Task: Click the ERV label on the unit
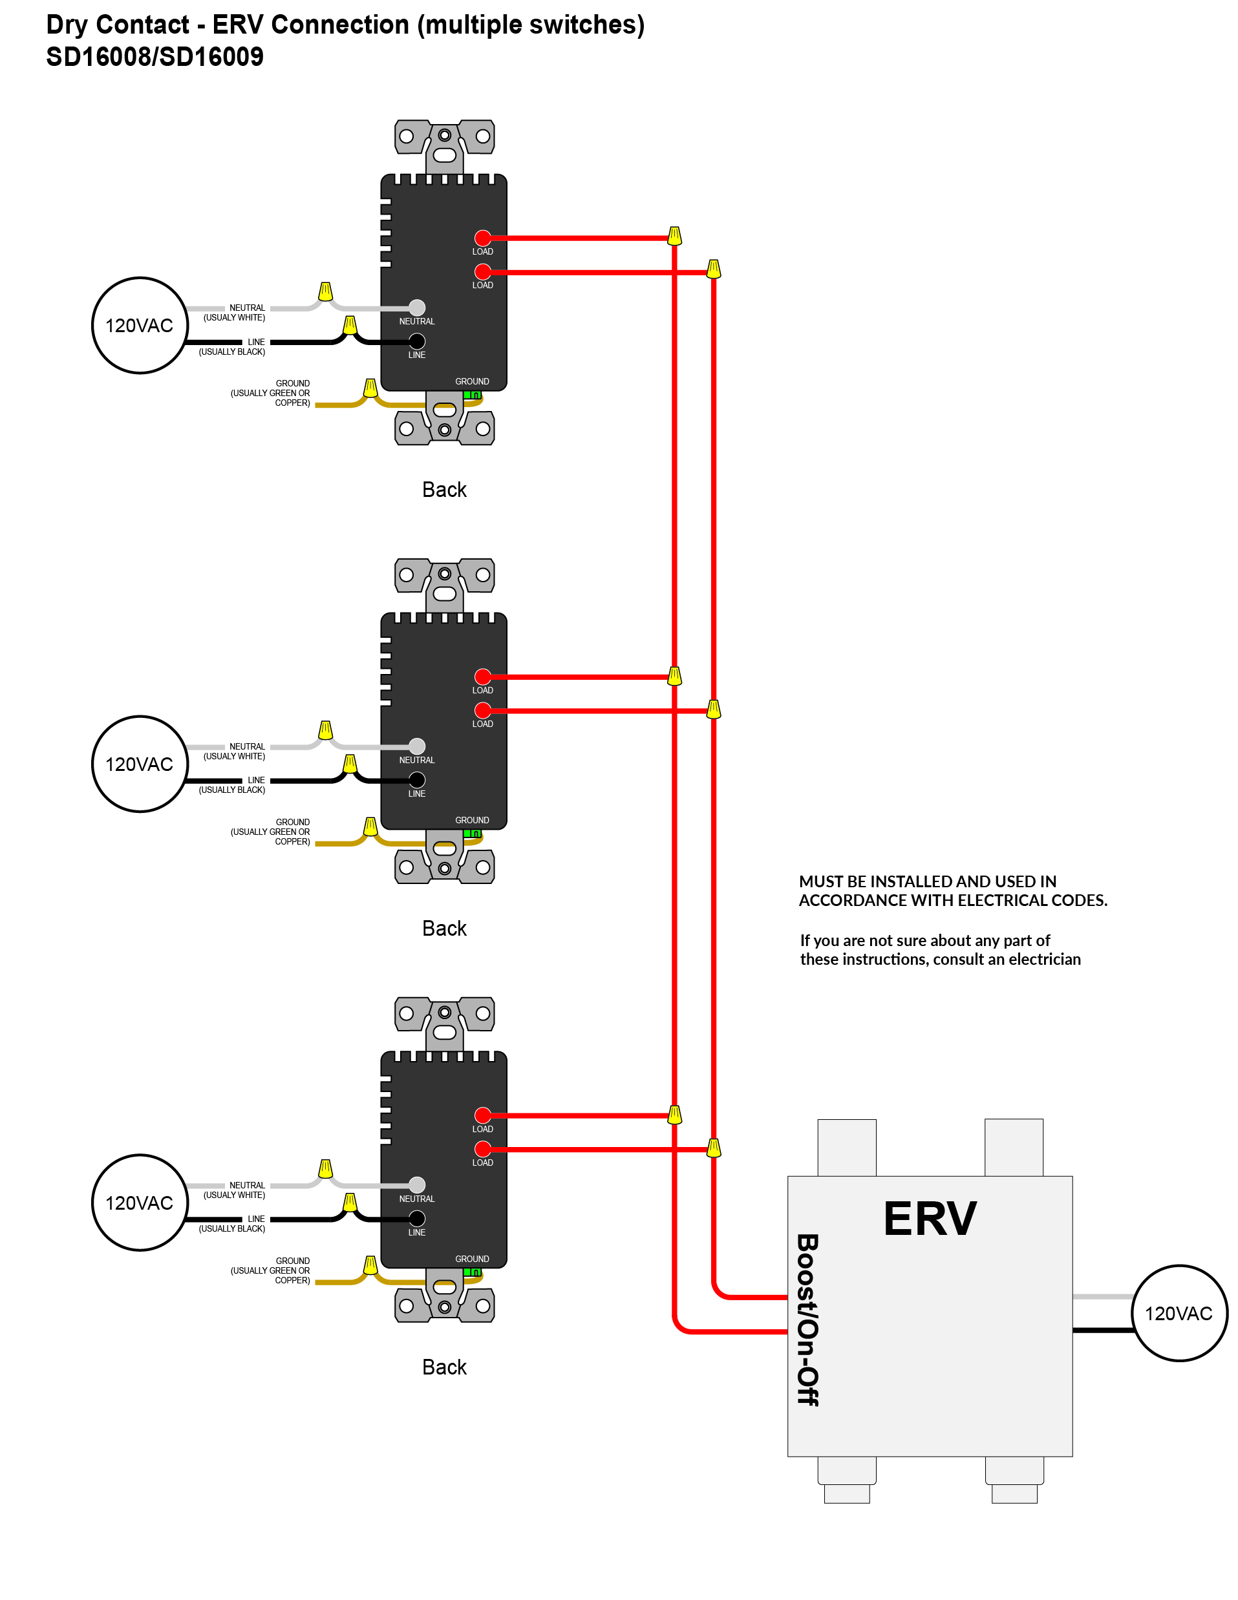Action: coord(930,1218)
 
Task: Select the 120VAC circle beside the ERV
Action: coord(1179,1313)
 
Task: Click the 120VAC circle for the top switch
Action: coord(139,325)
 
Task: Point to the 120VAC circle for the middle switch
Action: coord(139,764)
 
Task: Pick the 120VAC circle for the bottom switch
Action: coord(139,1203)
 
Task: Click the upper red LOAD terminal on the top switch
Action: coord(482,238)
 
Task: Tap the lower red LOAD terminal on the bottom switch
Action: coord(482,1149)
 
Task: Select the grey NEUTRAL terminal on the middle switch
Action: coord(417,746)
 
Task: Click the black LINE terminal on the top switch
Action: coord(417,341)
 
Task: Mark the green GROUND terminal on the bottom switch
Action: coord(472,1272)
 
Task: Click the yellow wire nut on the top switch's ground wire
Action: coord(371,388)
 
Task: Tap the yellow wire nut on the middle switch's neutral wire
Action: coord(325,730)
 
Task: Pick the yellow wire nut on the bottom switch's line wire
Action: coord(350,1202)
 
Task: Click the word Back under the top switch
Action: coord(444,489)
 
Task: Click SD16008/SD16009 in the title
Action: coord(155,56)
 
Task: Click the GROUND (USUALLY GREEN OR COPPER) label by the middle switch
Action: coord(270,832)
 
